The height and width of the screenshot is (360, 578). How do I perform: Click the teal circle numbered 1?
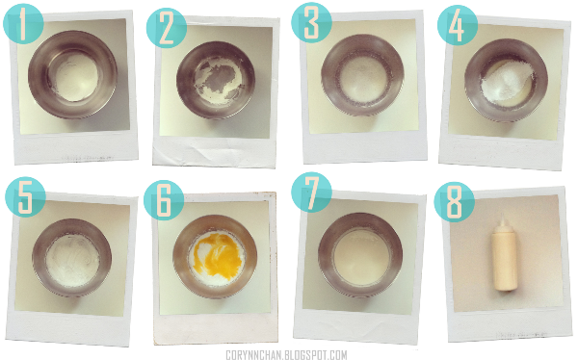click(x=23, y=24)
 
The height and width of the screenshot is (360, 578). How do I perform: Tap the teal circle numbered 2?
click(x=167, y=28)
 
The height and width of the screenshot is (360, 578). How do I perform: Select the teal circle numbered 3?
click(x=311, y=23)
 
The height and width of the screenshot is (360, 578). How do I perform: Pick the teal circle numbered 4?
click(x=458, y=25)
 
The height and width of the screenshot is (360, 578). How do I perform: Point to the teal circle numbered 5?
click(x=25, y=197)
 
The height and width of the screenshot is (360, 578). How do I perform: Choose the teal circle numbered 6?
click(x=164, y=200)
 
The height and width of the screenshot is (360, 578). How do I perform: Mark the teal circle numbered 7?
click(x=311, y=192)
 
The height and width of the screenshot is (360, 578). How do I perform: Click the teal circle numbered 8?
click(x=454, y=202)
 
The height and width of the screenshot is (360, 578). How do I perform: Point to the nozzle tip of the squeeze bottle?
click(x=502, y=215)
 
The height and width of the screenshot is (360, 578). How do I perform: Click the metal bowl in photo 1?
click(x=72, y=74)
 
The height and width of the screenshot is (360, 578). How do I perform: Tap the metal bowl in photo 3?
click(x=362, y=75)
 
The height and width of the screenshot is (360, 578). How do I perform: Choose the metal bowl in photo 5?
click(x=72, y=257)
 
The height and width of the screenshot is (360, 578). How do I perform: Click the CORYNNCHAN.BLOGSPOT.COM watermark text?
click(x=286, y=355)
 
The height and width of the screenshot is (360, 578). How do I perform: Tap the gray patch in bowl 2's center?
click(x=219, y=79)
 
